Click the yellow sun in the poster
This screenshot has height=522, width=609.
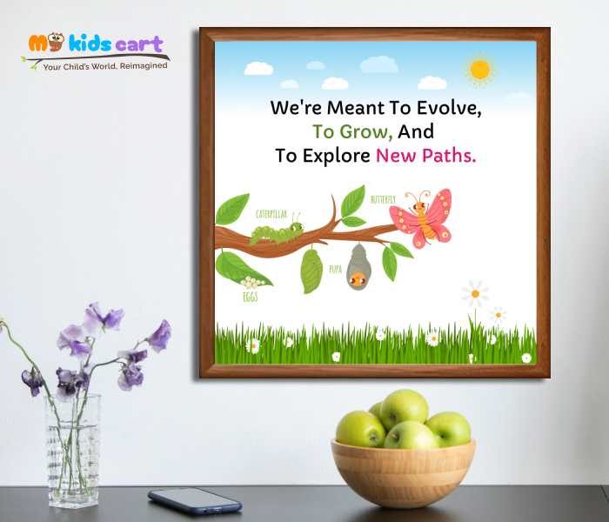click(x=479, y=70)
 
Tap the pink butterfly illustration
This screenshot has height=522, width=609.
click(x=424, y=218)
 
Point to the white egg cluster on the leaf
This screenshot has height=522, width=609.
click(x=252, y=283)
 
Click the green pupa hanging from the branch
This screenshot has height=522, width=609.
click(x=311, y=271)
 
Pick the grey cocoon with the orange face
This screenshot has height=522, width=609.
click(x=358, y=267)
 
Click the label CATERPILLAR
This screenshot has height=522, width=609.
click(x=271, y=213)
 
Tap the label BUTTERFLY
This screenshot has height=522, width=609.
click(x=383, y=200)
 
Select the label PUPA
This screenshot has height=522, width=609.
click(x=335, y=270)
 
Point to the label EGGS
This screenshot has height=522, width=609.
click(x=250, y=297)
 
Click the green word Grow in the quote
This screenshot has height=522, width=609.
click(x=353, y=133)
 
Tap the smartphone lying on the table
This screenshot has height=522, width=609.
click(x=194, y=500)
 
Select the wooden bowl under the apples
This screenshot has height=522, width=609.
click(x=403, y=472)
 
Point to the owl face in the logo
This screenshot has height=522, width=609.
click(x=56, y=42)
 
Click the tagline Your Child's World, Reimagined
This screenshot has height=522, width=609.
click(x=105, y=64)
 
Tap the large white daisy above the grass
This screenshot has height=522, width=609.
click(x=475, y=293)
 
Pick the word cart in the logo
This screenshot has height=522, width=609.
click(x=140, y=43)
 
